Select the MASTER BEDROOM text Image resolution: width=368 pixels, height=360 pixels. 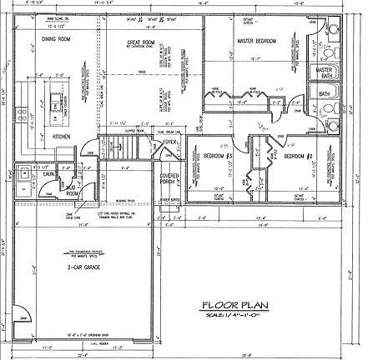255,40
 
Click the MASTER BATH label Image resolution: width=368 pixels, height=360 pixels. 325,73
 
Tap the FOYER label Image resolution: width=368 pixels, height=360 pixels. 171,142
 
